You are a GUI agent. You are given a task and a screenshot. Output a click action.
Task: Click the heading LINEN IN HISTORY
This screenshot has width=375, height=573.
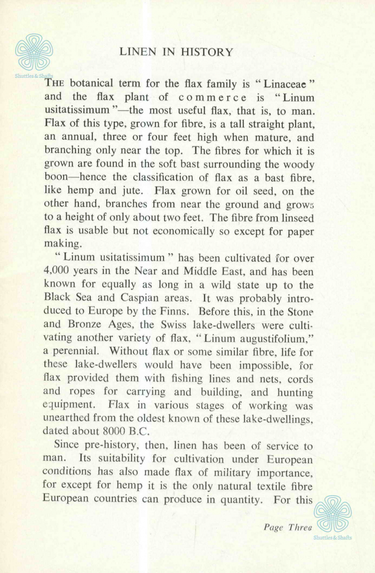coord(176,52)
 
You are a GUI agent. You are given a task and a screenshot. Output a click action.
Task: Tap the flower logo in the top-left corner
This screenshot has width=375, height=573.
coord(34,52)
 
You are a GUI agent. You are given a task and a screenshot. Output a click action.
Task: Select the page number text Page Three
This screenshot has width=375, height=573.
coord(287,528)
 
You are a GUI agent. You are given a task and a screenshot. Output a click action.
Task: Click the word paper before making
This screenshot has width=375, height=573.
coord(297,232)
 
